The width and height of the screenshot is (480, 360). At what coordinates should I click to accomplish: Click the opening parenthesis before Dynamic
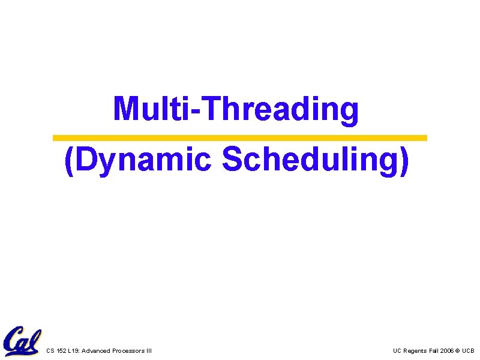tap(69, 161)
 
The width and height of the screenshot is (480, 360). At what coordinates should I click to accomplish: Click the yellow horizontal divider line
tap(240, 138)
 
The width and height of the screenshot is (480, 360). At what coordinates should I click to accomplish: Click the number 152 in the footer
tap(61, 350)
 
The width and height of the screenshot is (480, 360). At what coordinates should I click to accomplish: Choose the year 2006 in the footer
tap(448, 350)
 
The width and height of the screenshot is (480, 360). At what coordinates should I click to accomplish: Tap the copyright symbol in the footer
tap(458, 350)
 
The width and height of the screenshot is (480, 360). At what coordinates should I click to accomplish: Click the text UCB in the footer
tap(469, 350)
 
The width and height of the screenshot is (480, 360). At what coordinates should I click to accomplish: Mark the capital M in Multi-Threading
tap(124, 109)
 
